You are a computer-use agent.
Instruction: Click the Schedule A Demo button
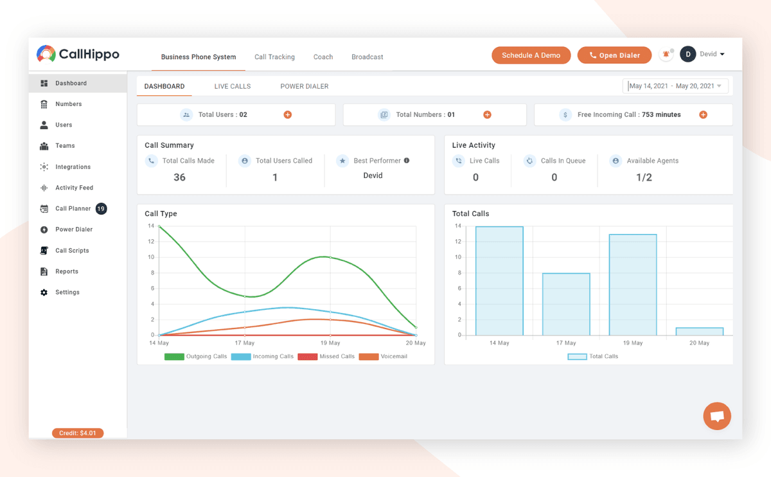click(531, 55)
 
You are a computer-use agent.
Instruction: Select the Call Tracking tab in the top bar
click(274, 57)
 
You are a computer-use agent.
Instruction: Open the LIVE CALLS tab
click(233, 86)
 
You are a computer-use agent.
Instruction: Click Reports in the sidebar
click(67, 271)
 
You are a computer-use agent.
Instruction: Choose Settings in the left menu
click(67, 292)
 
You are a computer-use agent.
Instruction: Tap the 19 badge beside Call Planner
click(101, 208)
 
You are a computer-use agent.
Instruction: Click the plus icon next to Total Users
click(288, 114)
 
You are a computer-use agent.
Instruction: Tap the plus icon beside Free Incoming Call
click(703, 114)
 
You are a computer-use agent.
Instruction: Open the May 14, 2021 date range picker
click(675, 85)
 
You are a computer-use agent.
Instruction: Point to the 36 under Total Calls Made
click(179, 177)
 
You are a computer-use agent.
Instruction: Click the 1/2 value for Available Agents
click(644, 177)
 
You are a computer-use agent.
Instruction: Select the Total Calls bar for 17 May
click(566, 304)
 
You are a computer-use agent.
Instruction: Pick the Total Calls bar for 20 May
click(700, 331)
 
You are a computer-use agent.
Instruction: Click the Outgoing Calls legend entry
click(195, 356)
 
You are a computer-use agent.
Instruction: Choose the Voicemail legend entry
click(383, 356)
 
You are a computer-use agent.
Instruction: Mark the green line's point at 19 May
click(330, 257)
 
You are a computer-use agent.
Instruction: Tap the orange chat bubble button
click(717, 416)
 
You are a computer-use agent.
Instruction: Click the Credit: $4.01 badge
click(78, 433)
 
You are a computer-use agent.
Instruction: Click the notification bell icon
click(666, 55)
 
